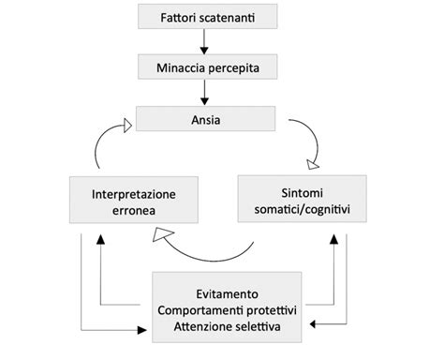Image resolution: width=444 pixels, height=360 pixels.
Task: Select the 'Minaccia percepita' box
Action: pos(206,67)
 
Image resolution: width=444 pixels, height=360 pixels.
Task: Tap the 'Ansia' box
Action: pos(206,119)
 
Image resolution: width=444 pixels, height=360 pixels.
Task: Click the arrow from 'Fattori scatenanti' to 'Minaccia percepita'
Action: pos(206,41)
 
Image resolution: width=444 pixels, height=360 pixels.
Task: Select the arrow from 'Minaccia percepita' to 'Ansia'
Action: pos(206,93)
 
